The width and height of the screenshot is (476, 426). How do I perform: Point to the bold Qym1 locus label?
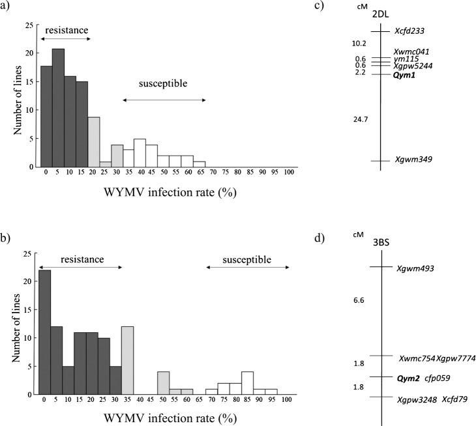click(404, 75)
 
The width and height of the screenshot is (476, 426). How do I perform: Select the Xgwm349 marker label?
click(414, 160)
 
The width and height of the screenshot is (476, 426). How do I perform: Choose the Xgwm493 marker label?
click(415, 268)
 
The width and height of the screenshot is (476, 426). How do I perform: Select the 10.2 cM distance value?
click(359, 44)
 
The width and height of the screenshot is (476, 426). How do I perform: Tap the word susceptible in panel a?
click(163, 84)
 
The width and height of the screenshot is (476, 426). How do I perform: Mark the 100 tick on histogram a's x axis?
click(288, 173)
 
